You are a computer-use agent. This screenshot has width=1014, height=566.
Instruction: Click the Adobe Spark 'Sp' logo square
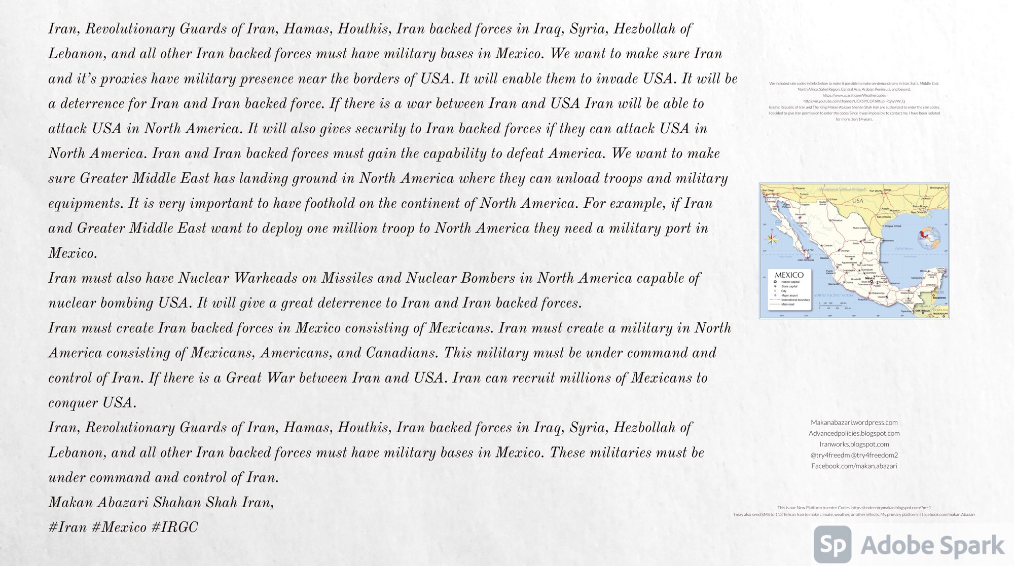coord(832,545)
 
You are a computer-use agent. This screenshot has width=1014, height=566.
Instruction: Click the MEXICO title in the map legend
coord(789,275)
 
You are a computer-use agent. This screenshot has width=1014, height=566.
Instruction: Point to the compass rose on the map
coord(772,237)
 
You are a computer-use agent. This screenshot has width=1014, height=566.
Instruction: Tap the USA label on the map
coord(857,201)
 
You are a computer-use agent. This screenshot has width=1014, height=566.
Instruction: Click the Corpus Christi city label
coord(893,226)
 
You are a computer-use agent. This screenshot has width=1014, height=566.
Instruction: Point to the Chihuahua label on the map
coord(837,220)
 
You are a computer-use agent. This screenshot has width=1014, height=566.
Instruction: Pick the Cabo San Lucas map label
coord(806,260)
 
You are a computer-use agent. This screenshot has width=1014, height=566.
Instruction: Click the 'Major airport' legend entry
coord(789,295)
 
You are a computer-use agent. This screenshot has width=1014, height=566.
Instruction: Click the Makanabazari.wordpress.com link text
coord(854,423)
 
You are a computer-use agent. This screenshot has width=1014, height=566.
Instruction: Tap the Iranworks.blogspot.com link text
coord(854,444)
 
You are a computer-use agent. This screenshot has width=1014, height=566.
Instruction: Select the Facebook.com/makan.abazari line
coord(854,466)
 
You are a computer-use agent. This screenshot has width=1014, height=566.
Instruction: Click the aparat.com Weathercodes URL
coord(854,95)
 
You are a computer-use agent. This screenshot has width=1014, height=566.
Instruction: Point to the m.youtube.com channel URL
coord(854,101)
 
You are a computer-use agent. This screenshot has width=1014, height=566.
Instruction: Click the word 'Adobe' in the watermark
coord(895,546)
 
